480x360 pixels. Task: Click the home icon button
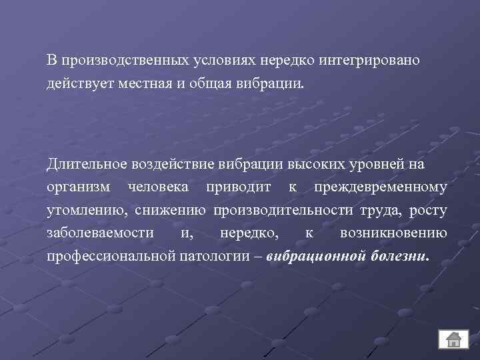[453, 339]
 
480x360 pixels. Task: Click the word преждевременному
[376, 187]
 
